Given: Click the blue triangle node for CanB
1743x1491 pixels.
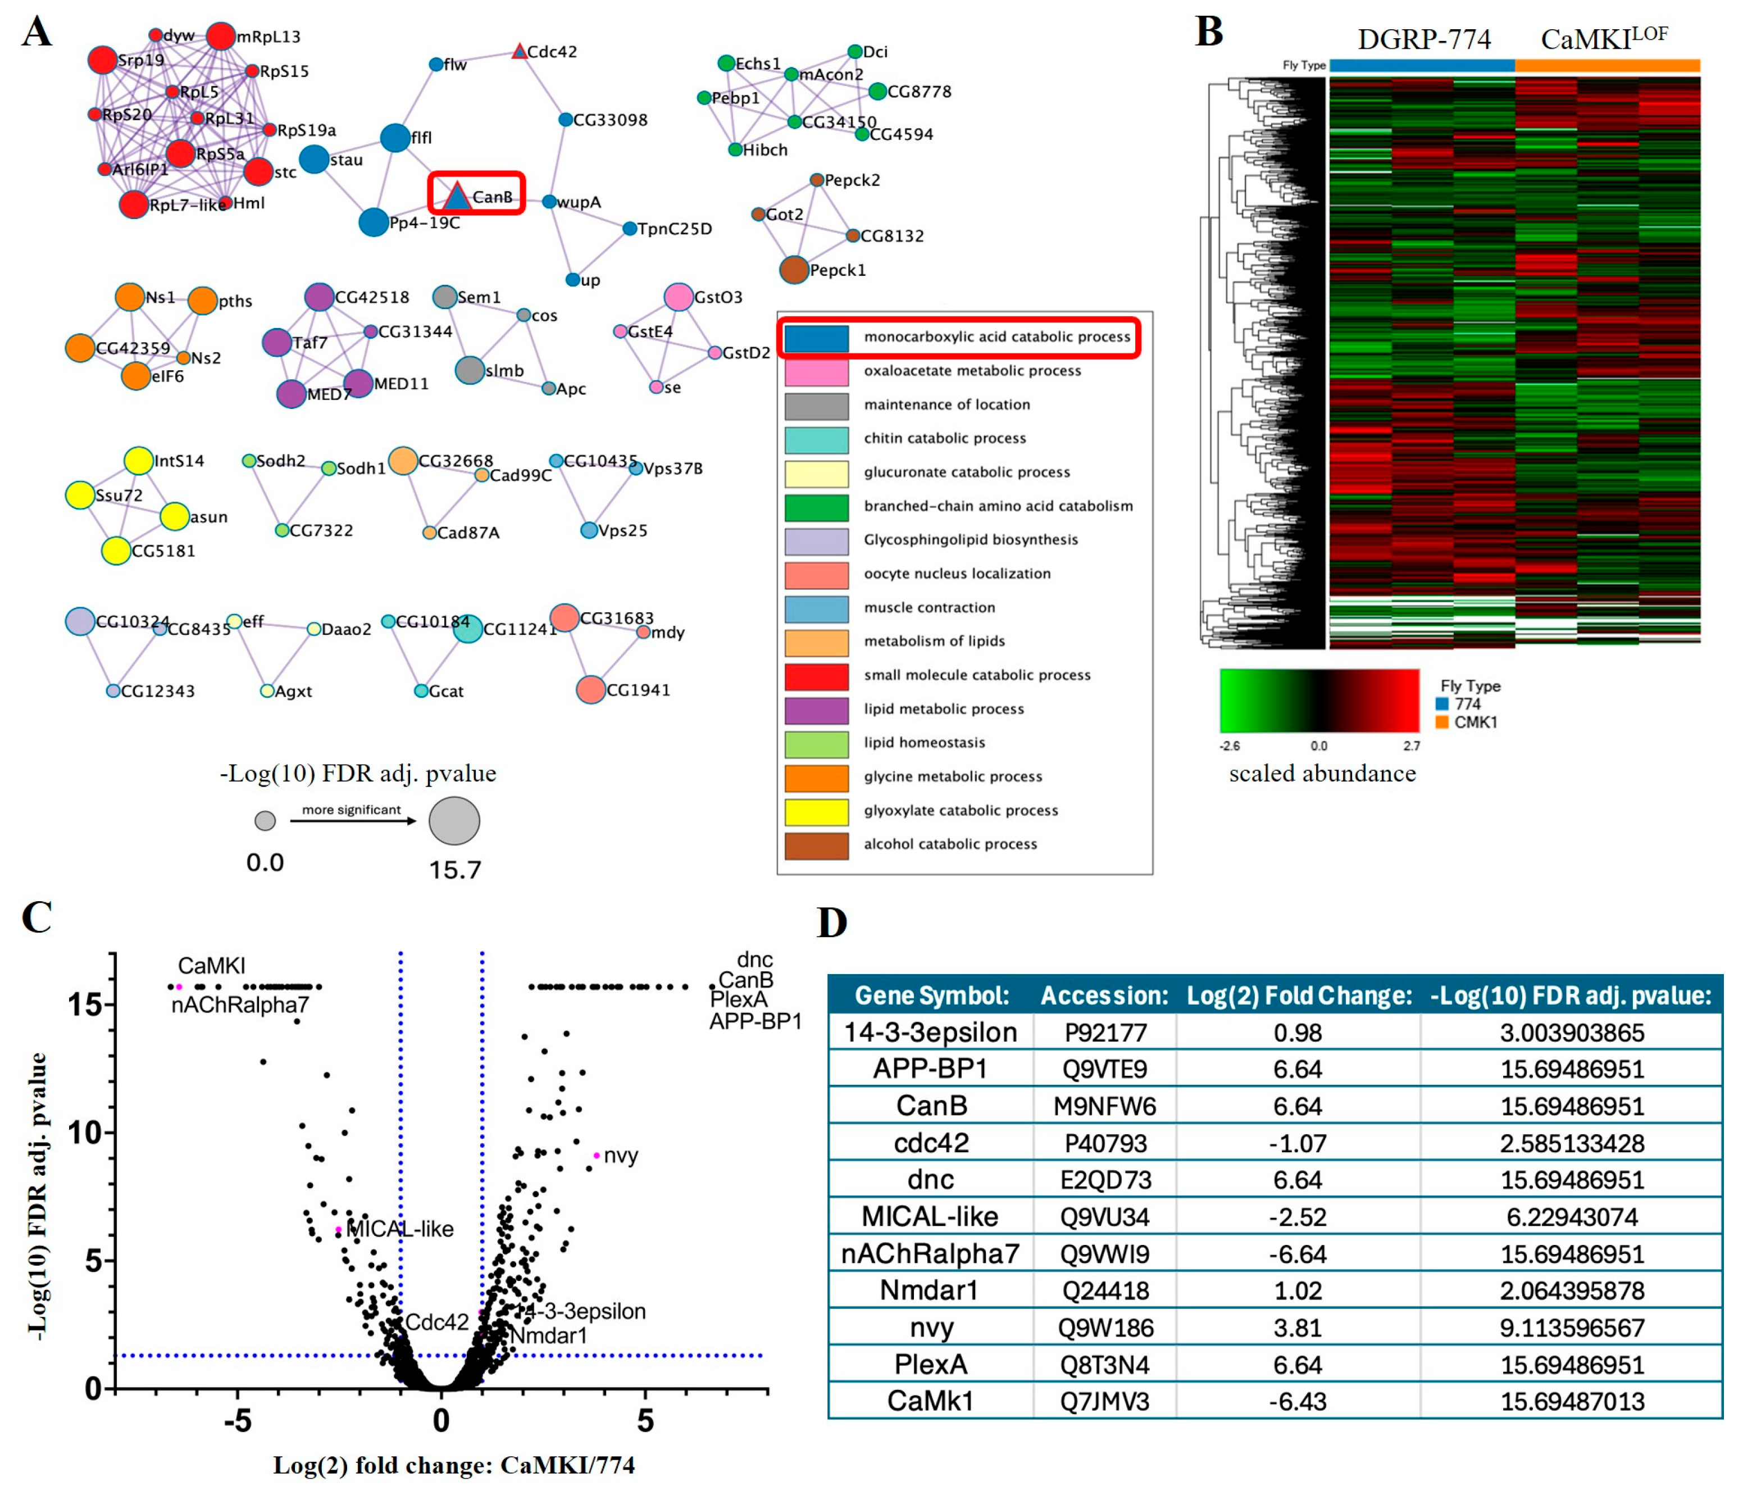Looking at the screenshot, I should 456,197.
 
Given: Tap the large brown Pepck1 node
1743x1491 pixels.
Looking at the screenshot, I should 793,270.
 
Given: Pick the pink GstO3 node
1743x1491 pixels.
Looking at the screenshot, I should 678,297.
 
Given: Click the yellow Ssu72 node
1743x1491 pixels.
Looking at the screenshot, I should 80,495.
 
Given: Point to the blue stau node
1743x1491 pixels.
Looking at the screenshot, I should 314,159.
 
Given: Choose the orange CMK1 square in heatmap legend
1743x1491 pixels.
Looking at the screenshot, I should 1442,722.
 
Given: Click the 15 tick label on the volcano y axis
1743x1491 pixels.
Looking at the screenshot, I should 85,1004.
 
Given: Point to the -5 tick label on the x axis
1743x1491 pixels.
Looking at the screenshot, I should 237,1421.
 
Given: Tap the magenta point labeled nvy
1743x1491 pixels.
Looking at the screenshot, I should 597,1155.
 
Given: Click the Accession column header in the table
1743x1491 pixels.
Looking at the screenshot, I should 1104,995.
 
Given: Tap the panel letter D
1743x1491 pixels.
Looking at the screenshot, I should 833,923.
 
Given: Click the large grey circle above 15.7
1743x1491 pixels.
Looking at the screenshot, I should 454,821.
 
